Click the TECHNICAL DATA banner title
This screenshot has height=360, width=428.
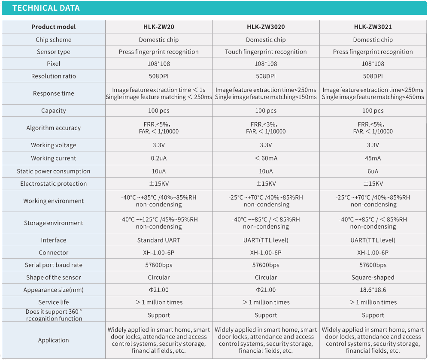click(x=46, y=8)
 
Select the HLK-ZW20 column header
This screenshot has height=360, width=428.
click(x=158, y=27)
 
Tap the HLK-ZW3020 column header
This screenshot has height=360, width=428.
click(x=266, y=27)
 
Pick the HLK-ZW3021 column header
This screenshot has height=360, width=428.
click(x=373, y=27)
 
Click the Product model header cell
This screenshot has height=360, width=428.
click(x=54, y=27)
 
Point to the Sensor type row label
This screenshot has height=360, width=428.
click(x=54, y=51)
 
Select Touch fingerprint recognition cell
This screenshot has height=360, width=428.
click(x=266, y=51)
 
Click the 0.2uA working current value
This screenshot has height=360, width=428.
click(x=158, y=158)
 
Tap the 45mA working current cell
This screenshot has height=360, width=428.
click(x=373, y=158)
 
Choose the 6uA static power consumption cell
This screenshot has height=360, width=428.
click(x=373, y=171)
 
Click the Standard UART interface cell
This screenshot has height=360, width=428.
click(x=158, y=240)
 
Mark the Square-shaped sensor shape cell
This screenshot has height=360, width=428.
click(x=373, y=277)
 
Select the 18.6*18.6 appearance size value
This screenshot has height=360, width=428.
click(x=373, y=290)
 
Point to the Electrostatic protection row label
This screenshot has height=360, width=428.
click(x=54, y=184)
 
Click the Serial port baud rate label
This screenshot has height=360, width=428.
click(x=54, y=265)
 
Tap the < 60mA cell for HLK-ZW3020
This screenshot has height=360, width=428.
click(x=266, y=158)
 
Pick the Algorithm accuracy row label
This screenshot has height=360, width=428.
click(x=54, y=128)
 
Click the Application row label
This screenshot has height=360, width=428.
click(x=54, y=340)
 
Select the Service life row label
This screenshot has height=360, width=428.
click(x=54, y=302)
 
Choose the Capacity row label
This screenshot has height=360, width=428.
click(x=54, y=110)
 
